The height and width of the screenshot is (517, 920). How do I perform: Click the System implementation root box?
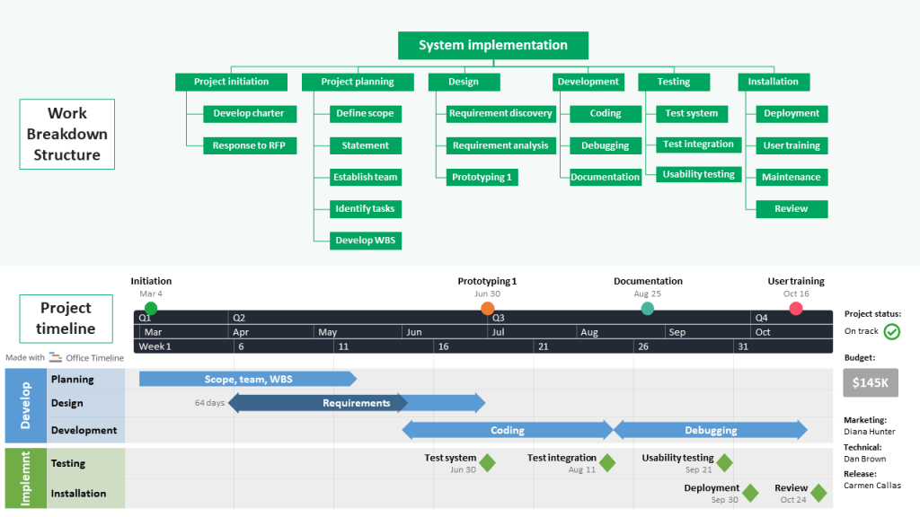point(493,46)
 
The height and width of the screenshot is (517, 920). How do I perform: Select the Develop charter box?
point(248,114)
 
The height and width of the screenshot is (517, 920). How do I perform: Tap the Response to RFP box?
point(248,145)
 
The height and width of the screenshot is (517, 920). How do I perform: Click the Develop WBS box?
point(366,241)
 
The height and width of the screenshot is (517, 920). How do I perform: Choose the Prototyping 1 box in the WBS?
point(482,178)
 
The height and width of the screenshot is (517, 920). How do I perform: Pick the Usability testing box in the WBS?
point(698,175)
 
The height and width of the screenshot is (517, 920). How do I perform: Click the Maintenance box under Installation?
point(791,178)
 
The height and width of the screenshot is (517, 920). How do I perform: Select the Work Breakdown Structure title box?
point(67,135)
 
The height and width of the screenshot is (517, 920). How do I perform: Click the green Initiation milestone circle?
point(151,309)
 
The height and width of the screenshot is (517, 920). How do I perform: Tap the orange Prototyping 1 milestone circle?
point(488,309)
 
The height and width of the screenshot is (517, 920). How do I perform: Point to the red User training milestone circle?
point(796,309)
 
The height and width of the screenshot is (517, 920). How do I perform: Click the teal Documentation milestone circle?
point(648,309)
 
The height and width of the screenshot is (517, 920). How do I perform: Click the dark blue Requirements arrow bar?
point(357,403)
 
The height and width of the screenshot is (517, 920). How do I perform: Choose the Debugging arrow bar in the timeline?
point(711,430)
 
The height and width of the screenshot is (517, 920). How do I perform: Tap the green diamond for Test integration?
point(607,463)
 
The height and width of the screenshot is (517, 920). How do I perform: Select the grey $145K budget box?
point(870,383)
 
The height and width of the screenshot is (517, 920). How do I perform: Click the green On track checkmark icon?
point(891,332)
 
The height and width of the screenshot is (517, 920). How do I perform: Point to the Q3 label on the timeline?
point(499,318)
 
